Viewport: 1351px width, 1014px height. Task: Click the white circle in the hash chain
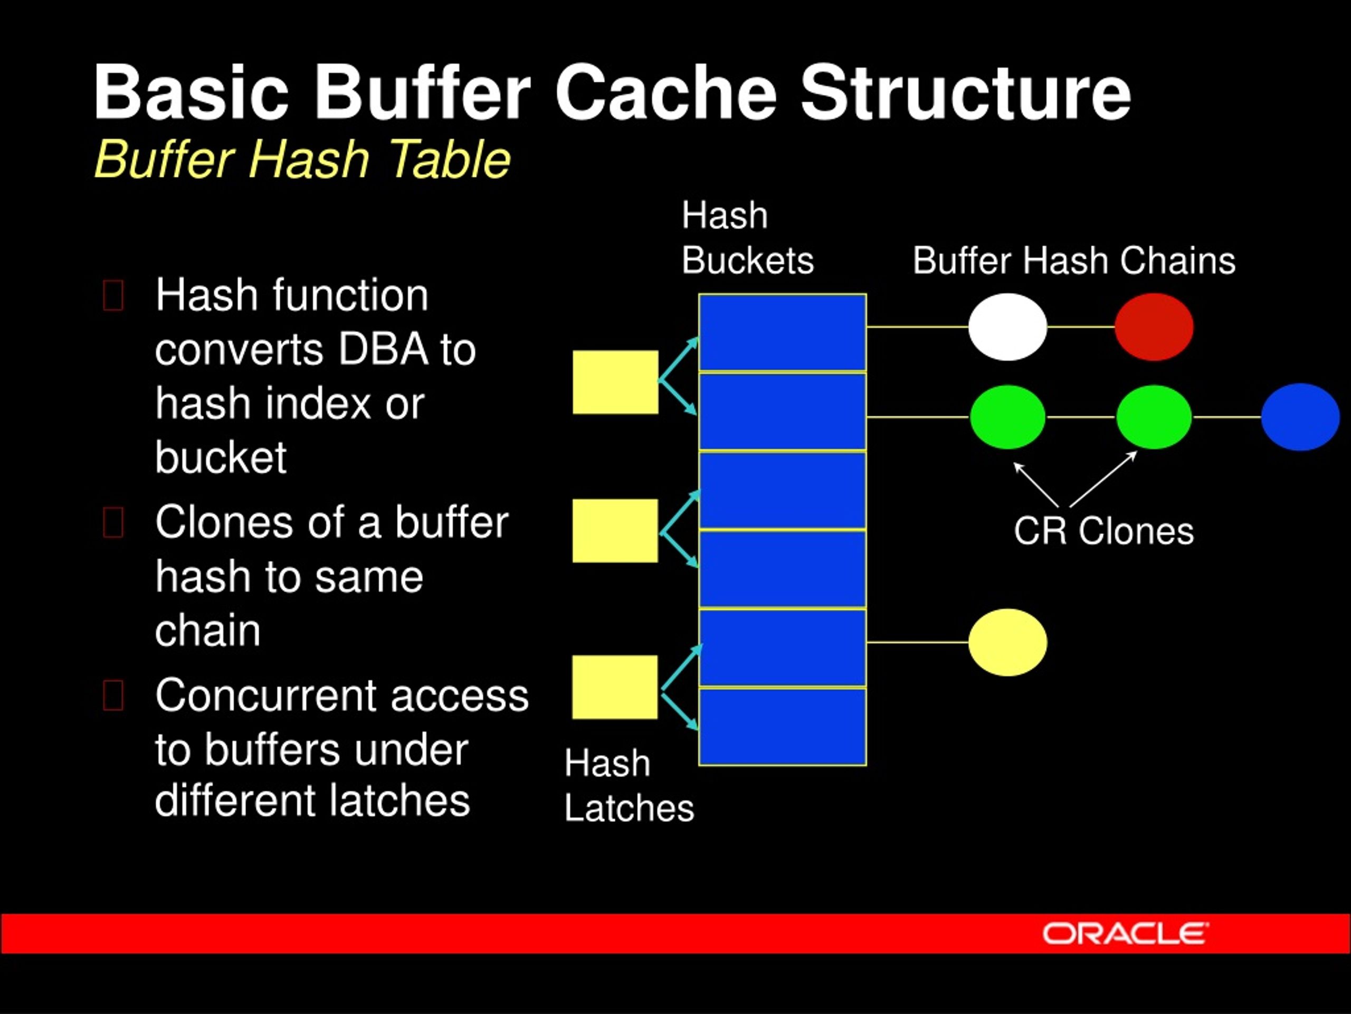(x=1007, y=326)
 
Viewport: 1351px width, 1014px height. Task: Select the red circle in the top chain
(x=1154, y=326)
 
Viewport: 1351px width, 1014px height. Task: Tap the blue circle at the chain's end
(x=1300, y=417)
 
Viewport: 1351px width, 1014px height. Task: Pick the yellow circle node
(x=1007, y=642)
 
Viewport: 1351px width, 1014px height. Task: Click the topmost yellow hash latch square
(x=615, y=382)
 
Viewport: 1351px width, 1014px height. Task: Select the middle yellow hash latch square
(x=615, y=531)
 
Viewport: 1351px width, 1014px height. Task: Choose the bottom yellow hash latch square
(x=614, y=687)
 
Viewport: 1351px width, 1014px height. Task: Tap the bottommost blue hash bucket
(x=783, y=726)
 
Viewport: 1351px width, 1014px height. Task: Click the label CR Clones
(x=1103, y=531)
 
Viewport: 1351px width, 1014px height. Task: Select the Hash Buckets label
(x=746, y=238)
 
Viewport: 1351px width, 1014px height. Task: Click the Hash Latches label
(x=629, y=786)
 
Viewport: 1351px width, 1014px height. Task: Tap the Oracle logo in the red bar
(x=1125, y=933)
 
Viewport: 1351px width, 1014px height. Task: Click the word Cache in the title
(x=665, y=93)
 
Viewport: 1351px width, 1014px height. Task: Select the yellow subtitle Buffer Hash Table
(x=302, y=159)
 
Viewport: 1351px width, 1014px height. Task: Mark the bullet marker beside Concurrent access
(x=113, y=696)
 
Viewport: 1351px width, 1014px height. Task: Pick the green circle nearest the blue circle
(x=1153, y=417)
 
